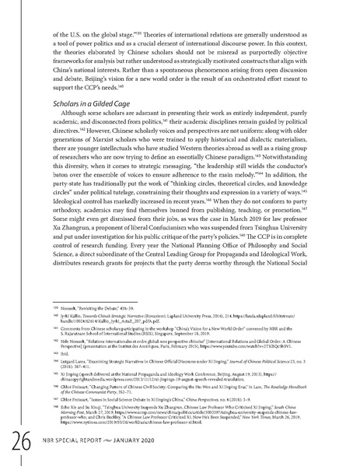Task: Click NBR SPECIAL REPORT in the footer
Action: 75,443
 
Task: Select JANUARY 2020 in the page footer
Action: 150,443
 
